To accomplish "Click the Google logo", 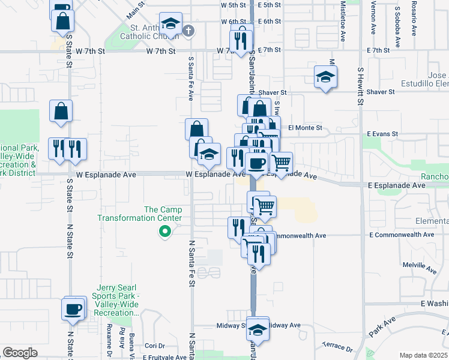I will click(x=20, y=353).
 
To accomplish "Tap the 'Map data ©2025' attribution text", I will click(x=423, y=355).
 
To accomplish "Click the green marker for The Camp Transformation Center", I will click(x=162, y=232).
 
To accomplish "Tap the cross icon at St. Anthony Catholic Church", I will click(x=188, y=31).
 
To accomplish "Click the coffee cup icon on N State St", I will click(x=73, y=309).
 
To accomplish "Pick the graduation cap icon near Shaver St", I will click(x=325, y=77).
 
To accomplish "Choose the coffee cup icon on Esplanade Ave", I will click(x=256, y=163).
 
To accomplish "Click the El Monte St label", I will click(x=305, y=128).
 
